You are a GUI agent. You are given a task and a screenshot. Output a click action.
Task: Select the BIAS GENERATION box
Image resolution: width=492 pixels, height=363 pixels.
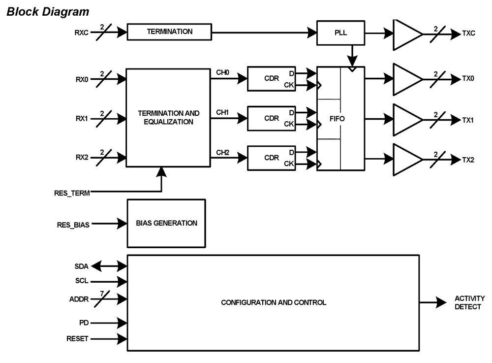(166, 223)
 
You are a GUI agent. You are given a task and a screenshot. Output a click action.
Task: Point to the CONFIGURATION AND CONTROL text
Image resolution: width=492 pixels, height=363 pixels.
(274, 302)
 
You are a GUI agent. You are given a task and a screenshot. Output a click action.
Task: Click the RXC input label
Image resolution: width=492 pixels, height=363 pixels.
(80, 34)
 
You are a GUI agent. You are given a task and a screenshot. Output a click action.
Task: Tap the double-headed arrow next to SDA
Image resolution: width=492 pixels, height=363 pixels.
(108, 266)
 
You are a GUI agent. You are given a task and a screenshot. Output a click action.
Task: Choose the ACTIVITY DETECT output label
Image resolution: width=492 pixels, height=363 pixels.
(469, 302)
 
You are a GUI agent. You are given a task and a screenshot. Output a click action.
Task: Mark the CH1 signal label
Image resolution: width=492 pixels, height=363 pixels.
(222, 113)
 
